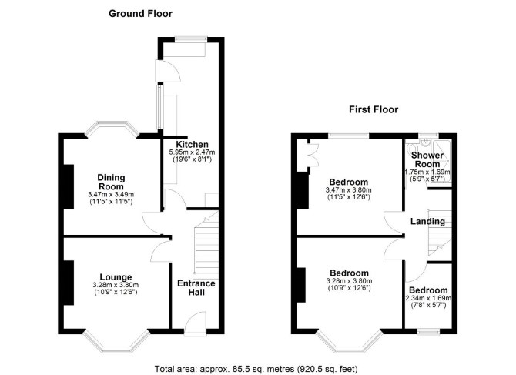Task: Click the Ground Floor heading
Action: (140, 14)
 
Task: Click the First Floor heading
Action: (374, 109)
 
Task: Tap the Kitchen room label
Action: (193, 144)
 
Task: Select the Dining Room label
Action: (111, 182)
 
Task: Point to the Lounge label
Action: (116, 277)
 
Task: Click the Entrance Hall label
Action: (196, 288)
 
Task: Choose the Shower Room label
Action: (427, 159)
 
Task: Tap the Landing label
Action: (427, 222)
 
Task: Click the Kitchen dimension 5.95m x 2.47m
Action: (193, 152)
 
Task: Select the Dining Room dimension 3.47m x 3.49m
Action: (111, 194)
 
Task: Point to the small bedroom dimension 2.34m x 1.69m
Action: (428, 298)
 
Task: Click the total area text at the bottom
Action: (256, 369)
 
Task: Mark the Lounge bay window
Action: (116, 342)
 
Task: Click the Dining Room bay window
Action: (112, 129)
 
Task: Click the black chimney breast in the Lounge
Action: (69, 283)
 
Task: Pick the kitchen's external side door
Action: (168, 71)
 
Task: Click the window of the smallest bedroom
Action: (428, 332)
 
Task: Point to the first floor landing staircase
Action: (439, 233)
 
